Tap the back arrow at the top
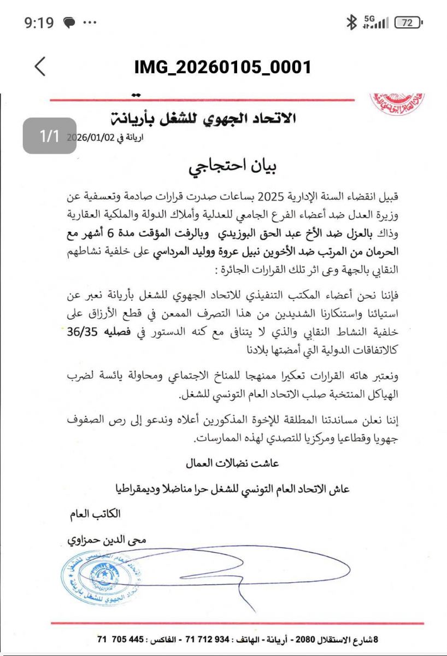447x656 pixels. point(40,67)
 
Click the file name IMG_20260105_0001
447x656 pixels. point(223,67)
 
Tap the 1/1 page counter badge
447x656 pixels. point(49,136)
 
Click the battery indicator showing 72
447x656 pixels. point(408,22)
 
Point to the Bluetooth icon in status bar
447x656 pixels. point(351,22)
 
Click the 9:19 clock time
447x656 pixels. point(39,23)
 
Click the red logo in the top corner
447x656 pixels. point(397,103)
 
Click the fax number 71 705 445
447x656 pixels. point(121,639)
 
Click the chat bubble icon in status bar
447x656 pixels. point(69,23)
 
